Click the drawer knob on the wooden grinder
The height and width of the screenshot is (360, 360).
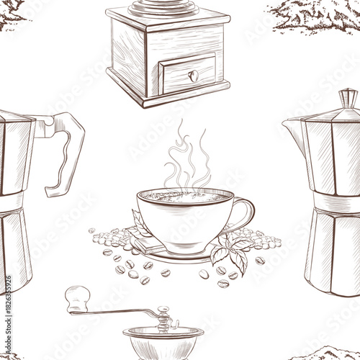[x=192, y=75]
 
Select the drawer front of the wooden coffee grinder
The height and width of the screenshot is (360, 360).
[x=189, y=74]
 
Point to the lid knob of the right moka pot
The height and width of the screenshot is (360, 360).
[x=348, y=96]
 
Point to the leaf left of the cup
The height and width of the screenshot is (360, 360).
[x=140, y=222]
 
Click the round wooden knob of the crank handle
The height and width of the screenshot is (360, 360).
[x=77, y=294]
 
